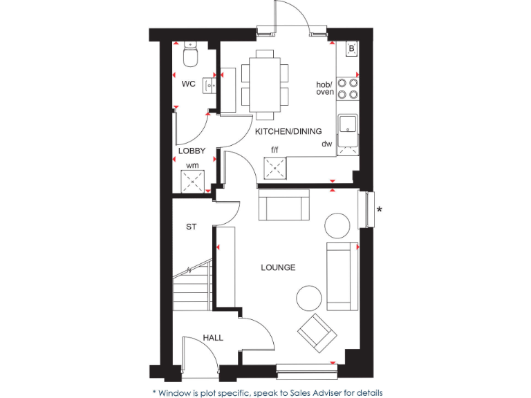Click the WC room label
coord(188,84)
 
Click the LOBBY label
coord(192,150)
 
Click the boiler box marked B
coord(351,49)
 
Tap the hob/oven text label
coord(324,88)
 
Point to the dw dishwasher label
coord(326,144)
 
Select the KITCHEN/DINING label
coord(284,131)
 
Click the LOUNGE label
coord(278,267)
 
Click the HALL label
coord(213,338)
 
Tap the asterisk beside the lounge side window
coord(379,209)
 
